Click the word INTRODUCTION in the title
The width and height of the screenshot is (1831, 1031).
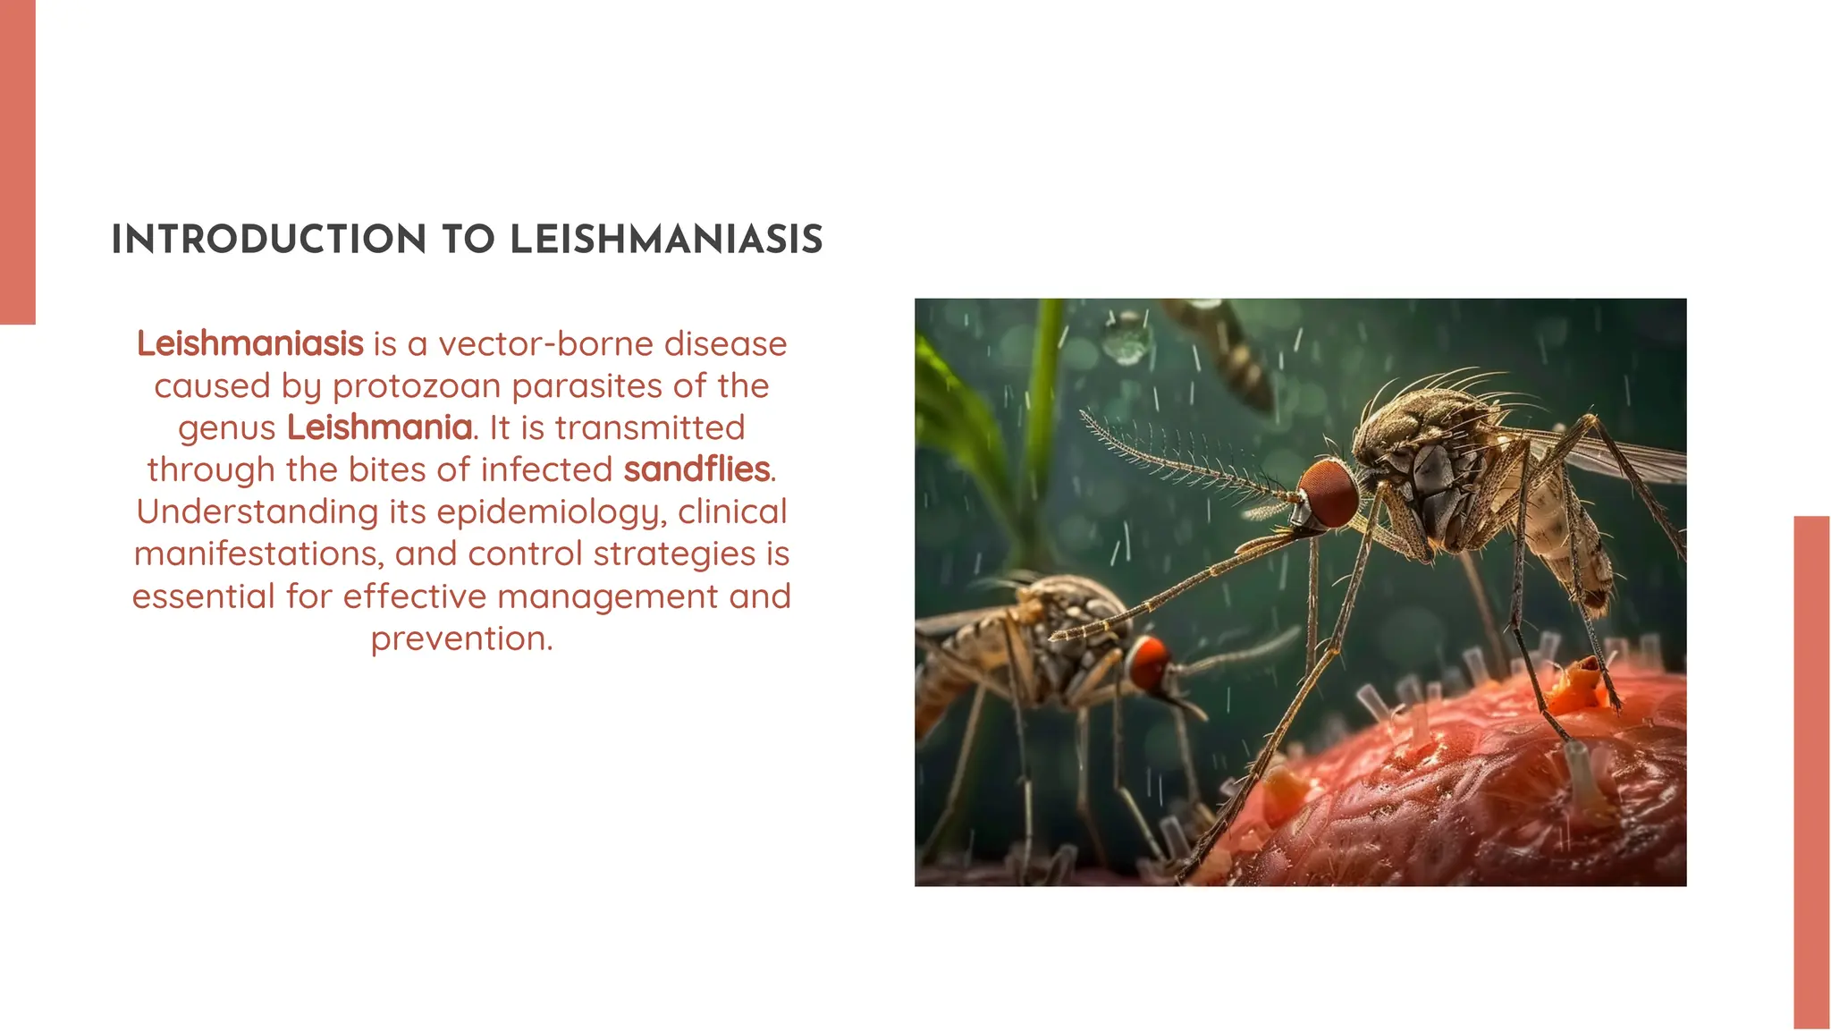pyautogui.click(x=268, y=240)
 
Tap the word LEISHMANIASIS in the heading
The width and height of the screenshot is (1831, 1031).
pyautogui.click(x=666, y=240)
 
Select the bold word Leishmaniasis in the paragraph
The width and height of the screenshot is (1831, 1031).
pyautogui.click(x=250, y=343)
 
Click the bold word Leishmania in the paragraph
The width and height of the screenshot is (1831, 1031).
pyautogui.click(x=379, y=427)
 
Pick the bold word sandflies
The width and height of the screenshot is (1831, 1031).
pyautogui.click(x=697, y=469)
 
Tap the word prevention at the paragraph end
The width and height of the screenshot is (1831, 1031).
pyautogui.click(x=461, y=638)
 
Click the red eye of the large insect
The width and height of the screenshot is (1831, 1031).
pyautogui.click(x=1329, y=493)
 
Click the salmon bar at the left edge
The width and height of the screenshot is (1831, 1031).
pyautogui.click(x=17, y=161)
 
